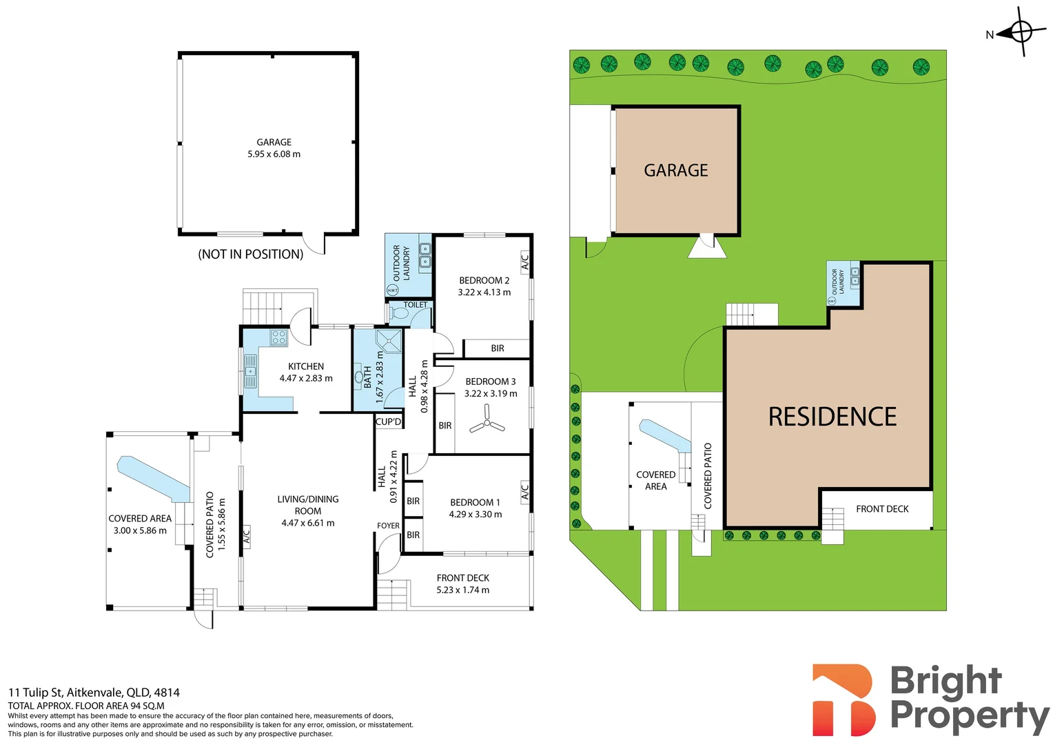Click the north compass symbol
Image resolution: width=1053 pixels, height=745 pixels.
(x=1019, y=32)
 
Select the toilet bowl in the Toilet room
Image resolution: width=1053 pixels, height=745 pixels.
(x=400, y=313)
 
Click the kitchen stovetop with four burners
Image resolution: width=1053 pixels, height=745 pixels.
(x=279, y=337)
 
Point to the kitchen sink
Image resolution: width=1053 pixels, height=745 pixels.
(x=251, y=371)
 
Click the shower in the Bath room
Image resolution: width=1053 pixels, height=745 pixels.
(x=389, y=341)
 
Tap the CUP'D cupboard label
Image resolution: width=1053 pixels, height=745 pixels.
(x=388, y=421)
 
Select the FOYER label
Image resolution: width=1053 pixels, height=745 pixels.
(x=388, y=526)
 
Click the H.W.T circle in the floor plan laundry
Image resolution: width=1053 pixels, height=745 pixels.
(x=393, y=290)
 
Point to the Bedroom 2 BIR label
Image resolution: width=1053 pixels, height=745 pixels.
(x=498, y=348)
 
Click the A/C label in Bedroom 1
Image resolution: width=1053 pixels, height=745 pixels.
(x=525, y=492)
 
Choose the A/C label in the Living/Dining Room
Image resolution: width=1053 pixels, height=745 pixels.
(x=246, y=537)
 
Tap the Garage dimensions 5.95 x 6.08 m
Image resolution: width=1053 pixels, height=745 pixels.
(x=274, y=154)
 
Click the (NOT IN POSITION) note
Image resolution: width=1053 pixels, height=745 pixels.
(x=251, y=254)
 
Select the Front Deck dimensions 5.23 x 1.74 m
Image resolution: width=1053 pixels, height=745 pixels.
(x=463, y=590)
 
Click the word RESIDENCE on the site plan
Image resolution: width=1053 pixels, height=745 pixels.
(x=832, y=417)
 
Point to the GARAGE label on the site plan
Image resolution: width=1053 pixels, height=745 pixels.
(x=676, y=170)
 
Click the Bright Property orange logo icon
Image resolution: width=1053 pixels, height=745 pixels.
(x=844, y=699)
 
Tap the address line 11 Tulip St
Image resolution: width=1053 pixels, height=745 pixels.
(x=94, y=693)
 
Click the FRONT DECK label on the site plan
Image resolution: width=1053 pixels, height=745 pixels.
(x=882, y=509)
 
